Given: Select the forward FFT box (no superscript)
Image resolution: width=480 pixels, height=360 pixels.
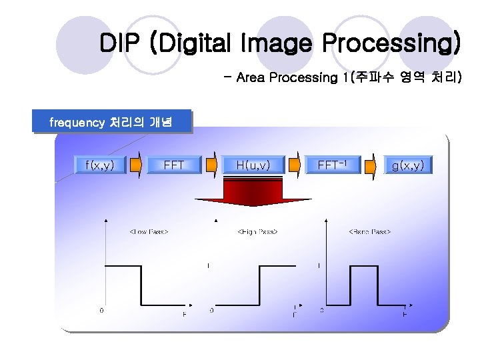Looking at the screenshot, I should click(174, 165).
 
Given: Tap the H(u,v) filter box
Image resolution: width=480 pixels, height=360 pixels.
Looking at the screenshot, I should click(253, 165).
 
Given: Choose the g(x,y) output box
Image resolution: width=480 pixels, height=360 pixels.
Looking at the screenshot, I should click(407, 165).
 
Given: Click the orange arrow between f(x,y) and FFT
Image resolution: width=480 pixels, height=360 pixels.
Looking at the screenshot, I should click(135, 165).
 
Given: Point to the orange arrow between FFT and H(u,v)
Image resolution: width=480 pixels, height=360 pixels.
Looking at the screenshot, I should click(211, 165).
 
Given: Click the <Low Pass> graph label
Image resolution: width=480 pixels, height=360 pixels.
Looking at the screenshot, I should click(148, 232).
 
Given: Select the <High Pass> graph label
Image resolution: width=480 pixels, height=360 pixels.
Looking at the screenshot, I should click(257, 232).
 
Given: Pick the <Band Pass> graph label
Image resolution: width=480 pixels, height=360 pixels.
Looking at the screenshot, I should click(369, 232).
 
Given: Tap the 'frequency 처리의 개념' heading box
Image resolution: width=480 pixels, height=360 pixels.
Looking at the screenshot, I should click(111, 122).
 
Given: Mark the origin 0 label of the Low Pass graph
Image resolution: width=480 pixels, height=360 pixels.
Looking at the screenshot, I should click(101, 310).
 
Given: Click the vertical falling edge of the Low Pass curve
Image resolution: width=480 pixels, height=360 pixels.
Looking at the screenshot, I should click(141, 285).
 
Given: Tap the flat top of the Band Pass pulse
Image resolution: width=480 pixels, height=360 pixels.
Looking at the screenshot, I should click(357, 266).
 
